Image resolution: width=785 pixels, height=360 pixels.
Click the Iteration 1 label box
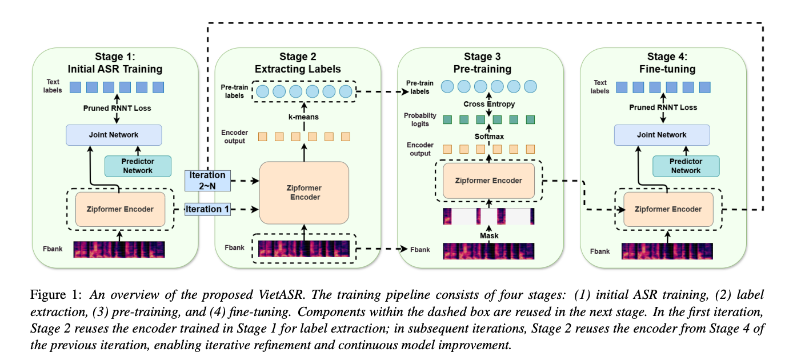(207, 209)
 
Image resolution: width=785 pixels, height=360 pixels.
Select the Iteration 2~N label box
(207, 181)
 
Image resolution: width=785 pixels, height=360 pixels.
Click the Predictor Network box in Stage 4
(686, 166)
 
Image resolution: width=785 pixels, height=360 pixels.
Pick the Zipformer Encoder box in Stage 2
(304, 193)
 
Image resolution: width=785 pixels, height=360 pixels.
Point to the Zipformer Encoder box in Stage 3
(488, 181)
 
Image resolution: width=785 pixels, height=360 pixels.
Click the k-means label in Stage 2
(303, 117)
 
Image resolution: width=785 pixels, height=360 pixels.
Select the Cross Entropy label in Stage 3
(488, 104)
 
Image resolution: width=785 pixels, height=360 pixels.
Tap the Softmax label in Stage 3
(488, 136)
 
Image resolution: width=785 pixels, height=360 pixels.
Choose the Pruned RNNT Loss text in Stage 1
(117, 108)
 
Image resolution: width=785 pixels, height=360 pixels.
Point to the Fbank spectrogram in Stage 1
(119, 250)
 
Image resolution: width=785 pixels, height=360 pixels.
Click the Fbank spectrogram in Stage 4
(667, 251)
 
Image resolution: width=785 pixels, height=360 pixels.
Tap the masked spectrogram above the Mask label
(488, 217)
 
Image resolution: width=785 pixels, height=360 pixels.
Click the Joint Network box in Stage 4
(662, 135)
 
